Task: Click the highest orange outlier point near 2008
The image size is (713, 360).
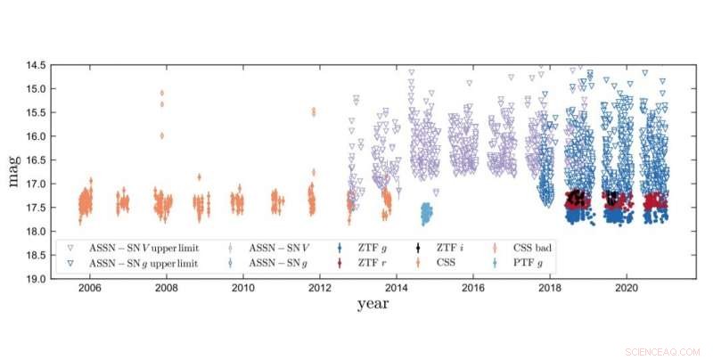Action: pyautogui.click(x=161, y=93)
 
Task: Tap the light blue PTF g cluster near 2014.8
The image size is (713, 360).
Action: pyautogui.click(x=426, y=214)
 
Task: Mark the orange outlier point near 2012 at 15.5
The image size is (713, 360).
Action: pyautogui.click(x=313, y=111)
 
